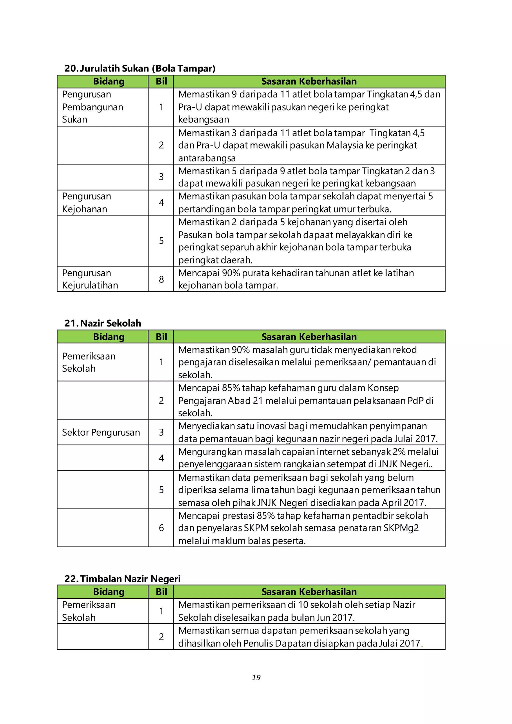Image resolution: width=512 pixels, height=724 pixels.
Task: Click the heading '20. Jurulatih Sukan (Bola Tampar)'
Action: [x=140, y=68]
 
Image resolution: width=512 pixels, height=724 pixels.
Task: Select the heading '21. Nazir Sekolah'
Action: [x=103, y=323]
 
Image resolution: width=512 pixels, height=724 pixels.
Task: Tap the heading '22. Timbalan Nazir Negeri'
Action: [x=123, y=579]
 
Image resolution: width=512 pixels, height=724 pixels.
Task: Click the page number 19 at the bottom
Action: [x=256, y=677]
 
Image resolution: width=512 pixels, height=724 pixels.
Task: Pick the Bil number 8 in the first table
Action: [x=161, y=279]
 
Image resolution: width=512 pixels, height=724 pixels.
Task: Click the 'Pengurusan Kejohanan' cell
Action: [x=86, y=202]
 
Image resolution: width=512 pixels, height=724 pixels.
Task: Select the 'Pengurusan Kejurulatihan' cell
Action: [x=90, y=279]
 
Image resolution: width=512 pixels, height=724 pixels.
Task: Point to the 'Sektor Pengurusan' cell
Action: [x=101, y=432]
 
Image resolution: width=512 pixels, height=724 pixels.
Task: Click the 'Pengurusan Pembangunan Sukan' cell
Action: [x=92, y=107]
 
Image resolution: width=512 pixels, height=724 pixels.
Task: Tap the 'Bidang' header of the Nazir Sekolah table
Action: [x=109, y=337]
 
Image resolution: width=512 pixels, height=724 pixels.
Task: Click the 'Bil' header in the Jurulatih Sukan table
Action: [x=161, y=81]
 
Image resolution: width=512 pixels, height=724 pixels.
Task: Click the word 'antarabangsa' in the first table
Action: [x=207, y=158]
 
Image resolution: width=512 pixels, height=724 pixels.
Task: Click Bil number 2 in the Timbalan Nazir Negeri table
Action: [x=161, y=637]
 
